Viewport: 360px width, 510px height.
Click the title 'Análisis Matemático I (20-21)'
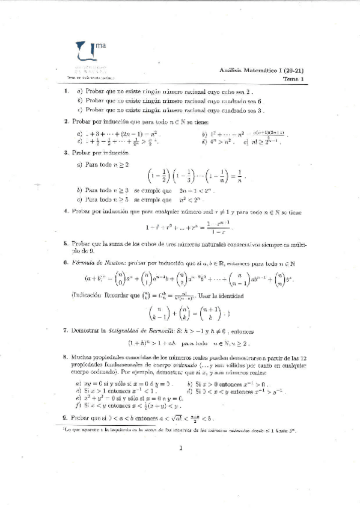[264, 70]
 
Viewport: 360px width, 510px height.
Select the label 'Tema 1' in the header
[294, 79]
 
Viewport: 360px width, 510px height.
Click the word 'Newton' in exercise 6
[112, 263]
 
